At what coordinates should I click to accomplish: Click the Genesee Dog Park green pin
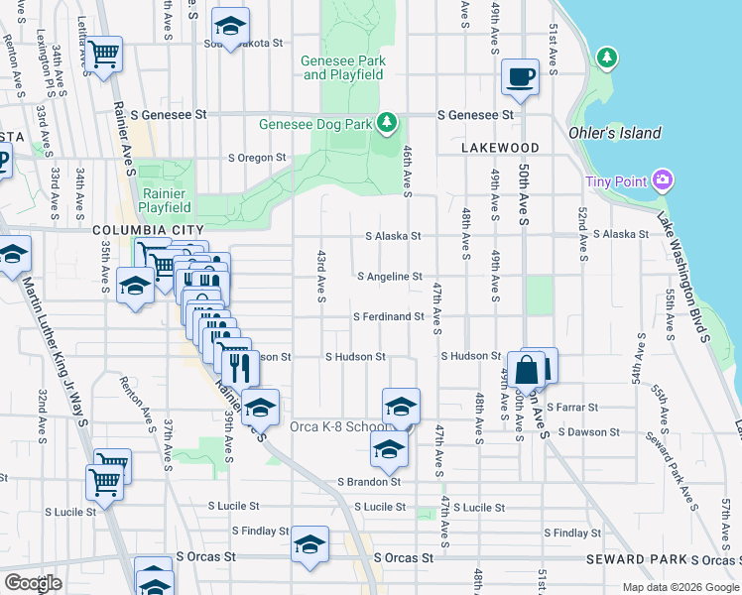click(x=388, y=124)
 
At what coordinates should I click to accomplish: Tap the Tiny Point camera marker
click(x=663, y=180)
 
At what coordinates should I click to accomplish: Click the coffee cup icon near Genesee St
click(x=520, y=76)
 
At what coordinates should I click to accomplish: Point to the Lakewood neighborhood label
click(x=500, y=148)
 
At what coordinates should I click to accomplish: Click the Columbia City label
click(x=140, y=230)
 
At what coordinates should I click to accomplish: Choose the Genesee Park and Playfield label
click(x=343, y=67)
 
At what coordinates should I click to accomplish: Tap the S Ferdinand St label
click(x=389, y=317)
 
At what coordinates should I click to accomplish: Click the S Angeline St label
click(x=390, y=277)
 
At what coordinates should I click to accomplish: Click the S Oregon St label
click(x=257, y=158)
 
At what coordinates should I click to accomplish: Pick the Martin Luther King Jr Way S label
click(x=56, y=342)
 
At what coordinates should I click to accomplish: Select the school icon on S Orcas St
click(x=309, y=544)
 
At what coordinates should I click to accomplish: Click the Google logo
click(x=33, y=583)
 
